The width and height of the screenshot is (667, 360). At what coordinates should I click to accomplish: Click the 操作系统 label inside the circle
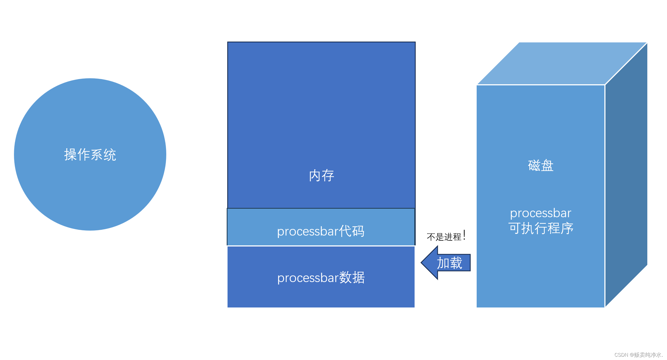[x=90, y=155]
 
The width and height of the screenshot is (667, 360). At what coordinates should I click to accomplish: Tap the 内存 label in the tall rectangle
[x=321, y=175]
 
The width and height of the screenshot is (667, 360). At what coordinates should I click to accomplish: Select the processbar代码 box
[x=321, y=227]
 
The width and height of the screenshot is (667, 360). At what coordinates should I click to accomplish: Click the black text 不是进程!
[x=446, y=236]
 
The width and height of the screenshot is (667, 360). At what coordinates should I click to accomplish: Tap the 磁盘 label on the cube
[x=541, y=166]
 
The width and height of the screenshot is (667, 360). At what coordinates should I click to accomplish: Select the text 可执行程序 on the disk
[x=541, y=228]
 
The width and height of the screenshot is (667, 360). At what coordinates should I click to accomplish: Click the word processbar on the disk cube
[x=541, y=213]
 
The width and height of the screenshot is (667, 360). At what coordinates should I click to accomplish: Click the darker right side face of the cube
[x=626, y=175]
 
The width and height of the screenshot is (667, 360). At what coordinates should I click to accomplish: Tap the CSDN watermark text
[x=638, y=355]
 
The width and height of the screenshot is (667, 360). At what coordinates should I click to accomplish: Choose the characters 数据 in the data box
[x=352, y=278]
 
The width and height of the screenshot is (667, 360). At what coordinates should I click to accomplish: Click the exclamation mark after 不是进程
[x=464, y=235]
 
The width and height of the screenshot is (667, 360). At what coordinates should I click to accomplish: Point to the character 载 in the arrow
[x=456, y=263]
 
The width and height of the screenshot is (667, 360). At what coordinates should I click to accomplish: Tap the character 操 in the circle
[x=71, y=155]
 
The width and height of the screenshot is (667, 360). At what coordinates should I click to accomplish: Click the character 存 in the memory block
[x=328, y=175]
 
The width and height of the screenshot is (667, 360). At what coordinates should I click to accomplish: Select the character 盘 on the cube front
[x=547, y=166]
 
